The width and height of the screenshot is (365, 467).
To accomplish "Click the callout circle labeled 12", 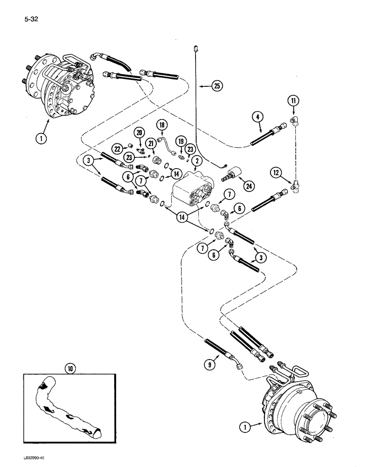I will click(x=276, y=173).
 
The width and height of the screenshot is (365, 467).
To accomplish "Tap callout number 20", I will click(x=139, y=133).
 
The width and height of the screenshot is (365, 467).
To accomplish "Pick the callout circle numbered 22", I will click(x=118, y=148).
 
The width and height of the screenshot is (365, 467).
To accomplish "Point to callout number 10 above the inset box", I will click(x=70, y=369).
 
